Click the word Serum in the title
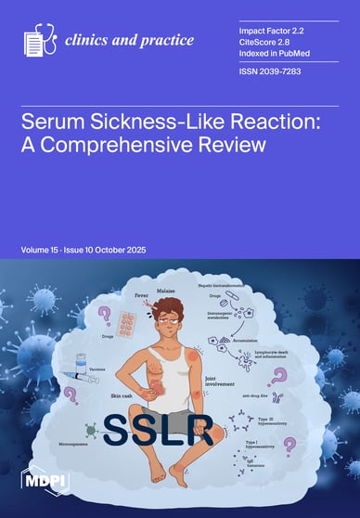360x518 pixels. click(57, 122)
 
